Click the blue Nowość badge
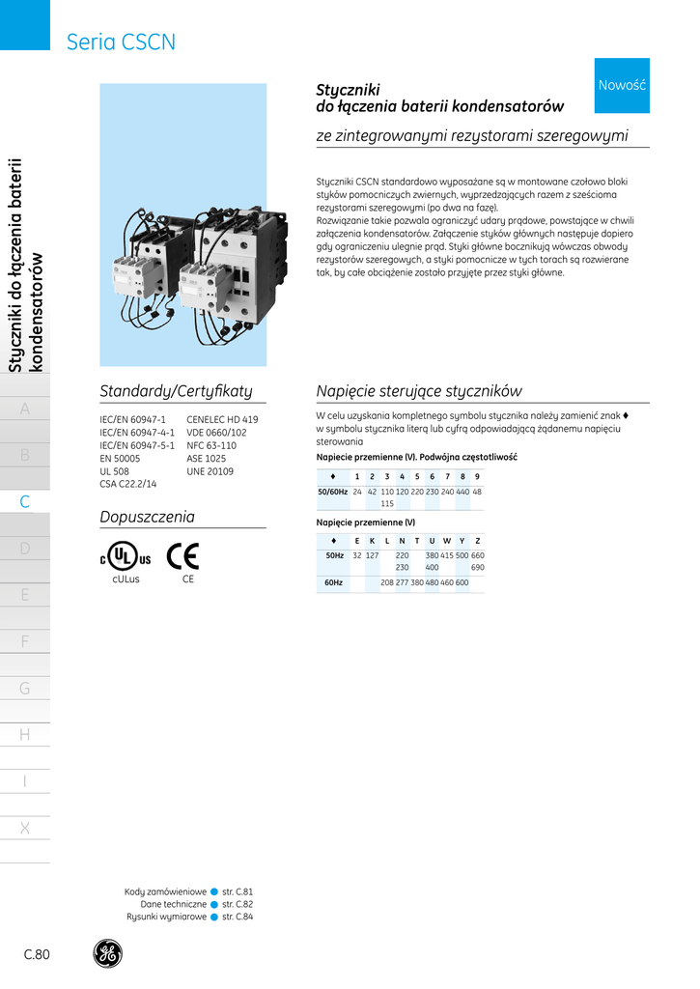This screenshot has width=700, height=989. pyautogui.click(x=622, y=85)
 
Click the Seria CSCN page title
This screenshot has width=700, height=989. pyautogui.click(x=121, y=42)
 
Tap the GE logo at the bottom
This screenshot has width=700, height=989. pyautogui.click(x=107, y=953)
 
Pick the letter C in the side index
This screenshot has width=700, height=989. pyautogui.click(x=25, y=502)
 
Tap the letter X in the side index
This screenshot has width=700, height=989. pyautogui.click(x=25, y=828)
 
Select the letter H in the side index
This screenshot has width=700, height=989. pyautogui.click(x=25, y=735)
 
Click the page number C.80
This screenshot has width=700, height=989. pyautogui.click(x=37, y=954)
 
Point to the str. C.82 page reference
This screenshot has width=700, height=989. pyautogui.click(x=238, y=904)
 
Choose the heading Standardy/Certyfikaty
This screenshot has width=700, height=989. pyautogui.click(x=176, y=391)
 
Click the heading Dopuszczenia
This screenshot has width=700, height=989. pyautogui.click(x=148, y=517)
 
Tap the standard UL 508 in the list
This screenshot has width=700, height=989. pyautogui.click(x=116, y=471)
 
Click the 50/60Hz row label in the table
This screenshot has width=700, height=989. pyautogui.click(x=331, y=492)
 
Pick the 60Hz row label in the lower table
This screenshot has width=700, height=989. pyautogui.click(x=333, y=582)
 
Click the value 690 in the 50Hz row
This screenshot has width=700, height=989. pyautogui.click(x=478, y=568)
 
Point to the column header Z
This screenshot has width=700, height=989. pyautogui.click(x=478, y=540)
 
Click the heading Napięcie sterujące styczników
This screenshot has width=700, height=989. pyautogui.click(x=419, y=391)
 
